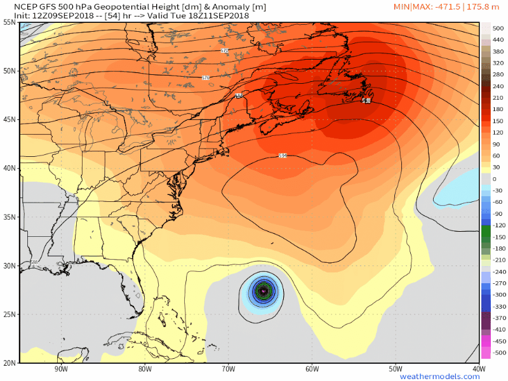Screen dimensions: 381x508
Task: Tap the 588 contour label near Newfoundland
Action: click(366, 101)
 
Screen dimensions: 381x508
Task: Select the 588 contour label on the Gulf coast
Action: click(34, 262)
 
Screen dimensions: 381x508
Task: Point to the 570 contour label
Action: click(225, 50)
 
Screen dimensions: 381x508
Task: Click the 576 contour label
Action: click(205, 77)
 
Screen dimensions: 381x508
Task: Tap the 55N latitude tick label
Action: click(9, 22)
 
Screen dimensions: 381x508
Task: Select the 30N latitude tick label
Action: click(9, 266)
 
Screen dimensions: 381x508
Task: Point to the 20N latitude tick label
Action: click(9, 363)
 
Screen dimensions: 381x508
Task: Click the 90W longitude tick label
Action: click(60, 370)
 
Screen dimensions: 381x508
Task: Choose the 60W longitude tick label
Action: click(312, 370)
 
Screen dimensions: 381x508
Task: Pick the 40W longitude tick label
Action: click(479, 370)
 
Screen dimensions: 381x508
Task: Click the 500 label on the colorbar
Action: click(498, 28)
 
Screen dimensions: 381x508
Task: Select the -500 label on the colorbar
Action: click(498, 352)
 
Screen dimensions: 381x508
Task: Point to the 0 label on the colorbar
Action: click(495, 179)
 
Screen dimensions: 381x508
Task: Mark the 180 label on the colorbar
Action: click(498, 109)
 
